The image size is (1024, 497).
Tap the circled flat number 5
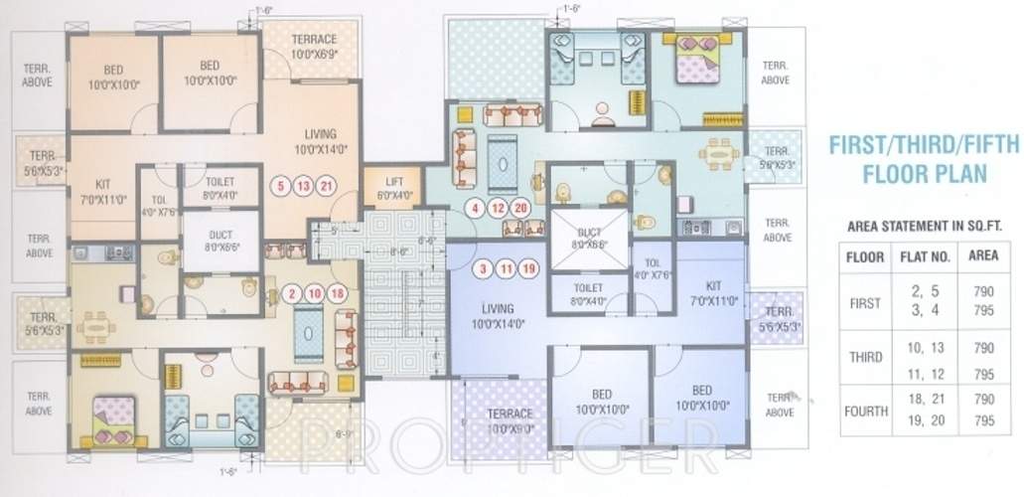(281, 186)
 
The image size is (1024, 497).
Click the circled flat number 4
(477, 209)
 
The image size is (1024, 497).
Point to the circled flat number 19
(527, 268)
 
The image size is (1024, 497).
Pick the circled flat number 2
(292, 293)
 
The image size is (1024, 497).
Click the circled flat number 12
(499, 209)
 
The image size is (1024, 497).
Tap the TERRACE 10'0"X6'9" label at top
(315, 46)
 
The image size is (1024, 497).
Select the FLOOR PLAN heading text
(923, 175)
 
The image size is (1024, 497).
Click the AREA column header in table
(982, 256)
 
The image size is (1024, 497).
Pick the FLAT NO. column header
(925, 256)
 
